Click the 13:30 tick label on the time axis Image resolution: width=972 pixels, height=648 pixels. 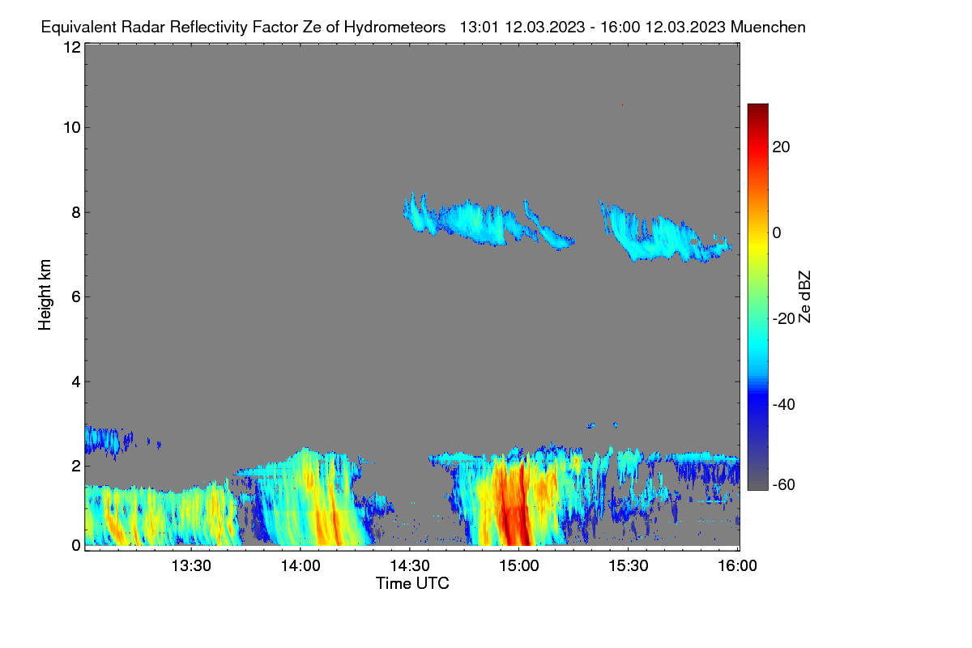[191, 566]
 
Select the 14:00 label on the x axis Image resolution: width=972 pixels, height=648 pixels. [301, 566]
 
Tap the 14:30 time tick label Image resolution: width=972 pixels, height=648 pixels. [410, 566]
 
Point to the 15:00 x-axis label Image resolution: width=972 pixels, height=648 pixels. [519, 566]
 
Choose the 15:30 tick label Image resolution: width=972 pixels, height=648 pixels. [629, 566]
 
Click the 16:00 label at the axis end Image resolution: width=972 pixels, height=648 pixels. [737, 566]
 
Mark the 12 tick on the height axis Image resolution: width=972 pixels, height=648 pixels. [72, 47]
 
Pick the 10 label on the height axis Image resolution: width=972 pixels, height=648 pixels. [72, 128]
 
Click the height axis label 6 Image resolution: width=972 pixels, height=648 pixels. [76, 297]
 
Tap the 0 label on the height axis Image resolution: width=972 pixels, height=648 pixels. [76, 546]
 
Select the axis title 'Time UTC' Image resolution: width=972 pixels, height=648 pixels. [412, 583]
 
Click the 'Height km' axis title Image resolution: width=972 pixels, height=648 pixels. [45, 295]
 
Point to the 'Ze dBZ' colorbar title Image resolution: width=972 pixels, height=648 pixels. [804, 297]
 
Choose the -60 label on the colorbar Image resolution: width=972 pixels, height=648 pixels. [784, 485]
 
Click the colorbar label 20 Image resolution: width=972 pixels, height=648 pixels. [781, 147]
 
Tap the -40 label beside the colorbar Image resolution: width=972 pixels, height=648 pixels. [784, 404]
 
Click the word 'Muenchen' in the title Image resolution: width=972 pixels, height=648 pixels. [768, 27]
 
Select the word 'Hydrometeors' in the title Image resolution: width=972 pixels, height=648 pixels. [394, 28]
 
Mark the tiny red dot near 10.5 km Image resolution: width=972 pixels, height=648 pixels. [622, 105]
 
